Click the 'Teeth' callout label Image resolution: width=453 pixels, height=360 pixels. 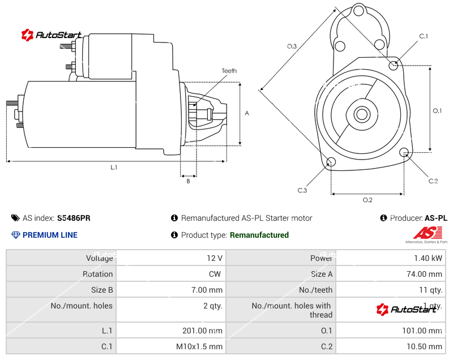pyautogui.click(x=229, y=71)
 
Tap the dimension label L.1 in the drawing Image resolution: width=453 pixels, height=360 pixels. pyautogui.click(x=114, y=167)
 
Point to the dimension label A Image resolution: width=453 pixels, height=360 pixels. pyautogui.click(x=247, y=113)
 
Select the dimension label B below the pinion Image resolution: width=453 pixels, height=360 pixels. pyautogui.click(x=188, y=181)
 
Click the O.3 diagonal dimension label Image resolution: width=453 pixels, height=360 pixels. pyautogui.click(x=292, y=46)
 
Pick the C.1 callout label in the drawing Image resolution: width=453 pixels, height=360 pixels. pyautogui.click(x=424, y=36)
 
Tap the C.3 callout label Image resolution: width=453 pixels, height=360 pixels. pyautogui.click(x=302, y=190)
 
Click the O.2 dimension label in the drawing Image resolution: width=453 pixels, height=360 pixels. pyautogui.click(x=367, y=200)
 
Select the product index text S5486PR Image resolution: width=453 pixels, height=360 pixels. pyautogui.click(x=74, y=218)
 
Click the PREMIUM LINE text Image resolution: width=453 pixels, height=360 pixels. pyautogui.click(x=50, y=235)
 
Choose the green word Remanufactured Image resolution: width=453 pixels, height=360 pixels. pyautogui.click(x=259, y=235)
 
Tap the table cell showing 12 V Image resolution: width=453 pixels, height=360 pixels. pyautogui.click(x=215, y=258)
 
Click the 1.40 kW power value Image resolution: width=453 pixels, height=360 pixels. pyautogui.click(x=430, y=258)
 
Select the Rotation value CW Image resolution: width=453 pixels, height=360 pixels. pyautogui.click(x=216, y=274)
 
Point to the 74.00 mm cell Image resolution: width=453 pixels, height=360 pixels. pyautogui.click(x=427, y=274)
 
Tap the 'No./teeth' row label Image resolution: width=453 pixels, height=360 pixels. pyautogui.click(x=315, y=290)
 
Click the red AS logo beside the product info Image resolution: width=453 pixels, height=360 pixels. pyautogui.click(x=428, y=233)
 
